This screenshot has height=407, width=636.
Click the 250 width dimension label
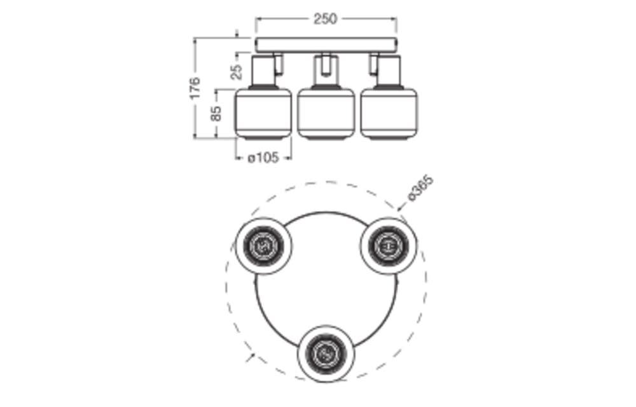325,18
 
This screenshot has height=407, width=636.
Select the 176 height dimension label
195,88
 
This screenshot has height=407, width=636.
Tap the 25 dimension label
237,72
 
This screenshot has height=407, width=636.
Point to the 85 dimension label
217,113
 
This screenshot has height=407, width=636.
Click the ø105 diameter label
263,157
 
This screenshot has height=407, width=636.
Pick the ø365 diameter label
420,188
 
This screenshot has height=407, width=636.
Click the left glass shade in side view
263,113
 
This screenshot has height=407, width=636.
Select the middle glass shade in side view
326,113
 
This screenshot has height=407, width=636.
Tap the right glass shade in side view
389,113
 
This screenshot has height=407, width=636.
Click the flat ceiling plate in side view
326,45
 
